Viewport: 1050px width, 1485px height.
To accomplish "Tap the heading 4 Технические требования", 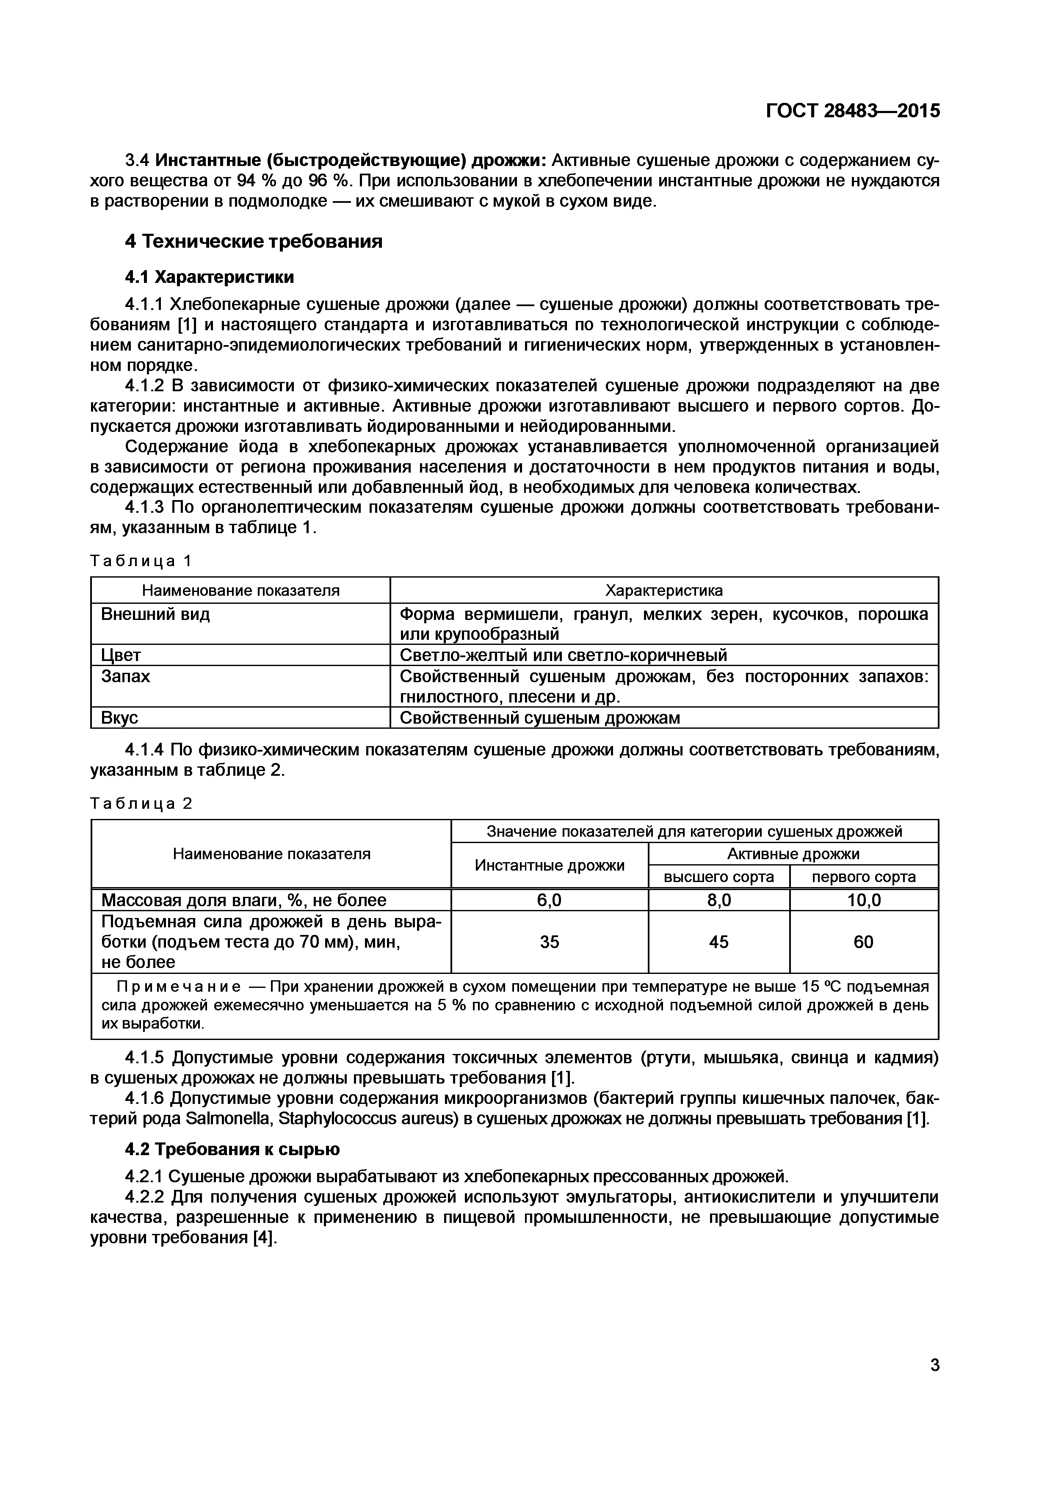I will [254, 241].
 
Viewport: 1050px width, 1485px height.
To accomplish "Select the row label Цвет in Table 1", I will [121, 655].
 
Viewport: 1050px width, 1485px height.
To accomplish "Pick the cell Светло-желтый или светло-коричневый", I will [563, 655].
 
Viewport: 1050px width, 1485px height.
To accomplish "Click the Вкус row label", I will [120, 718].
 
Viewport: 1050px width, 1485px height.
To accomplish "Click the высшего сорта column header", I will [718, 877].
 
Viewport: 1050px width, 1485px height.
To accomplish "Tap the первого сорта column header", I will [863, 877].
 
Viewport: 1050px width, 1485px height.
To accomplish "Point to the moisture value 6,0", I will [549, 900].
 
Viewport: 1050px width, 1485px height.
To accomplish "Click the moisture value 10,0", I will [863, 900].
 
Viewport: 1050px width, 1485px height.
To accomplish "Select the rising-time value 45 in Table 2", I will [718, 942].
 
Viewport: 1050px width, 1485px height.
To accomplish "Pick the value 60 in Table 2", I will [863, 942].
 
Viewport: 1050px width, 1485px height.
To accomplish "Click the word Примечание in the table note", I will [178, 987].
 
